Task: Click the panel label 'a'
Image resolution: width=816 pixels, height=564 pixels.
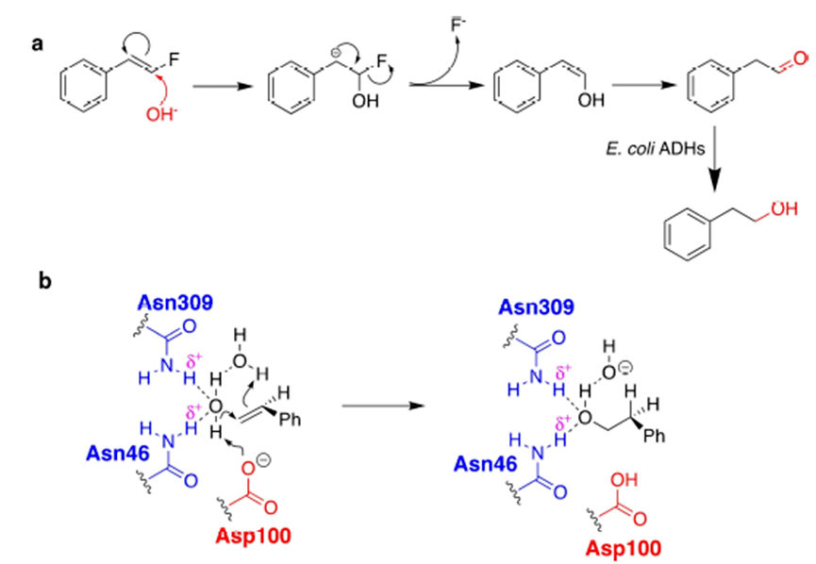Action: (x=37, y=43)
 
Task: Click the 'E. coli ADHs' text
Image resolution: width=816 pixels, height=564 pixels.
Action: (x=657, y=148)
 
